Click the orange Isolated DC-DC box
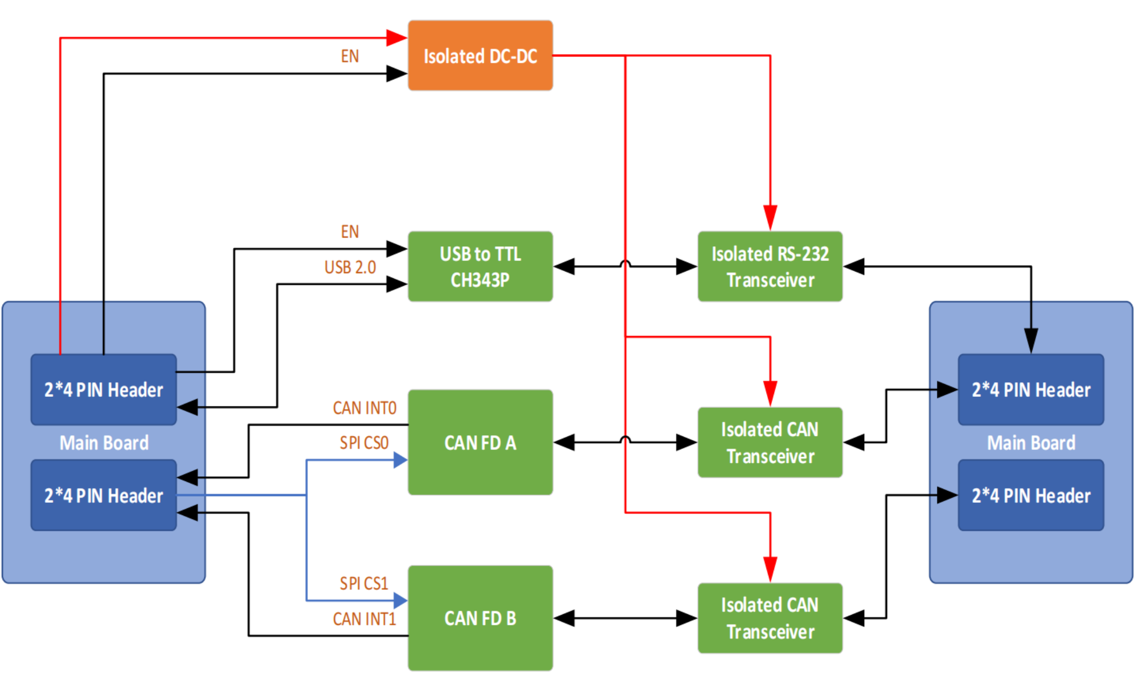pyautogui.click(x=480, y=56)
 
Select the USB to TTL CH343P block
pyautogui.click(x=480, y=267)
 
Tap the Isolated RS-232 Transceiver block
pyautogui.click(x=770, y=267)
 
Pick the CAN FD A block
pyautogui.click(x=480, y=442)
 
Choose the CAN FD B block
pyautogui.click(x=480, y=618)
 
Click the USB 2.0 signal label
pyautogui.click(x=350, y=267)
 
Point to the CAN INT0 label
pyautogui.click(x=364, y=408)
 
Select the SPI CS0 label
pyautogui.click(x=364, y=443)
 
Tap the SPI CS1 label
pyautogui.click(x=364, y=583)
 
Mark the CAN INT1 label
pyautogui.click(x=364, y=619)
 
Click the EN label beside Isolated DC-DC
pyautogui.click(x=350, y=56)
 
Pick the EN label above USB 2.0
pyautogui.click(x=350, y=232)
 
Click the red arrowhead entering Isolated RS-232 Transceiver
pyautogui.click(x=770, y=218)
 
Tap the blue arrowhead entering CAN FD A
pyautogui.click(x=400, y=460)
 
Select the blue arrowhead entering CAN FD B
pyautogui.click(x=400, y=601)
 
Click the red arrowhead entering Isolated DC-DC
pyautogui.click(x=396, y=38)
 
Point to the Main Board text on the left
pyautogui.click(x=104, y=443)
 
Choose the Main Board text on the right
pyautogui.click(x=1031, y=443)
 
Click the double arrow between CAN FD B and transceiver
pyautogui.click(x=625, y=618)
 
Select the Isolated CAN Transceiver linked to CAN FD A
pyautogui.click(x=770, y=442)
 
